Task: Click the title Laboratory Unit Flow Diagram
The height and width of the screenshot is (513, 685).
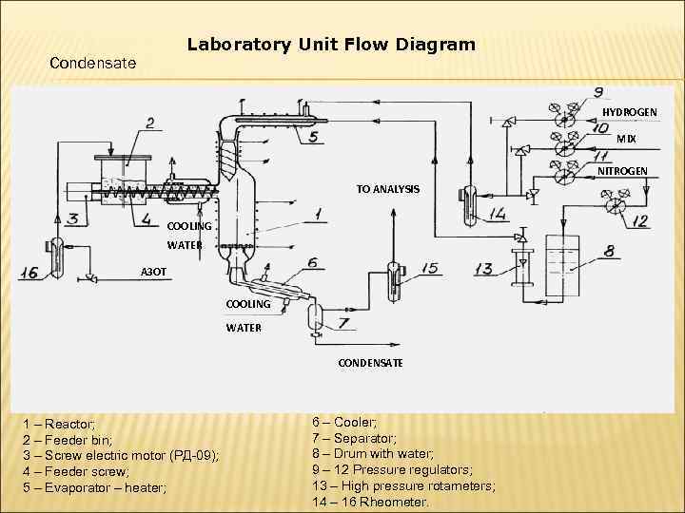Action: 331,45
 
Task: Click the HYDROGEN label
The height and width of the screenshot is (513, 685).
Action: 629,112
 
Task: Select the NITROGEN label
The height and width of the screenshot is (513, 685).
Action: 623,171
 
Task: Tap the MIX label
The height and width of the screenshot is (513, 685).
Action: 626,139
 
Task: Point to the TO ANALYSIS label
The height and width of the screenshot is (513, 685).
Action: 387,189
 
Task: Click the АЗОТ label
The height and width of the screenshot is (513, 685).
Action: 153,272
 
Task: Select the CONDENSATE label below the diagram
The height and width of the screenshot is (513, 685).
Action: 371,363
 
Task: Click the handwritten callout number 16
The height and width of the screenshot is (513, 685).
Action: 28,273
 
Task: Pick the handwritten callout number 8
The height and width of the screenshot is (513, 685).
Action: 604,251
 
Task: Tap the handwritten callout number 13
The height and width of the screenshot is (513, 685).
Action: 483,269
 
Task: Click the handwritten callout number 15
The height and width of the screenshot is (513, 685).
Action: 430,269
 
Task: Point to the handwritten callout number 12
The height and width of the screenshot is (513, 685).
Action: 639,221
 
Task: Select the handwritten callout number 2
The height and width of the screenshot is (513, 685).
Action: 150,122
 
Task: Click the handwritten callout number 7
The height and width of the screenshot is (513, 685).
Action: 342,324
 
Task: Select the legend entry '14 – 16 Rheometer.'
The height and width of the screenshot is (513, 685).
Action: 370,503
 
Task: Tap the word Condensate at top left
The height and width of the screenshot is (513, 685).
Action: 92,64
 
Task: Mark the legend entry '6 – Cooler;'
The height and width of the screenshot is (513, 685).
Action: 343,422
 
